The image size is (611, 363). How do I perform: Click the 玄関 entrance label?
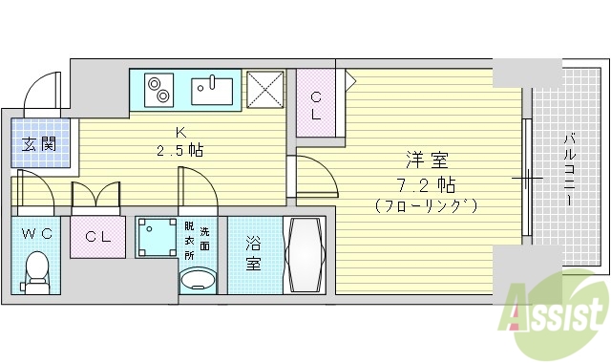click(39, 145)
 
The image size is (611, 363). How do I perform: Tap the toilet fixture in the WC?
click(37, 269)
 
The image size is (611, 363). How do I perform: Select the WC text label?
click(36, 234)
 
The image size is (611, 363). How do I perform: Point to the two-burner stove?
click(157, 91)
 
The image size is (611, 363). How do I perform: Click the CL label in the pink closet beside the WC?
click(97, 236)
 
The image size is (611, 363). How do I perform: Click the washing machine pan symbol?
click(153, 237)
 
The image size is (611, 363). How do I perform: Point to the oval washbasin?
click(198, 280)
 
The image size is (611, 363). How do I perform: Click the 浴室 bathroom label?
click(254, 252)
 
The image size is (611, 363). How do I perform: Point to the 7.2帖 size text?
click(427, 183)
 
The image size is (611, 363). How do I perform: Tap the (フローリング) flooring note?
click(427, 204)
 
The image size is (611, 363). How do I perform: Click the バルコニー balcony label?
click(570, 173)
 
